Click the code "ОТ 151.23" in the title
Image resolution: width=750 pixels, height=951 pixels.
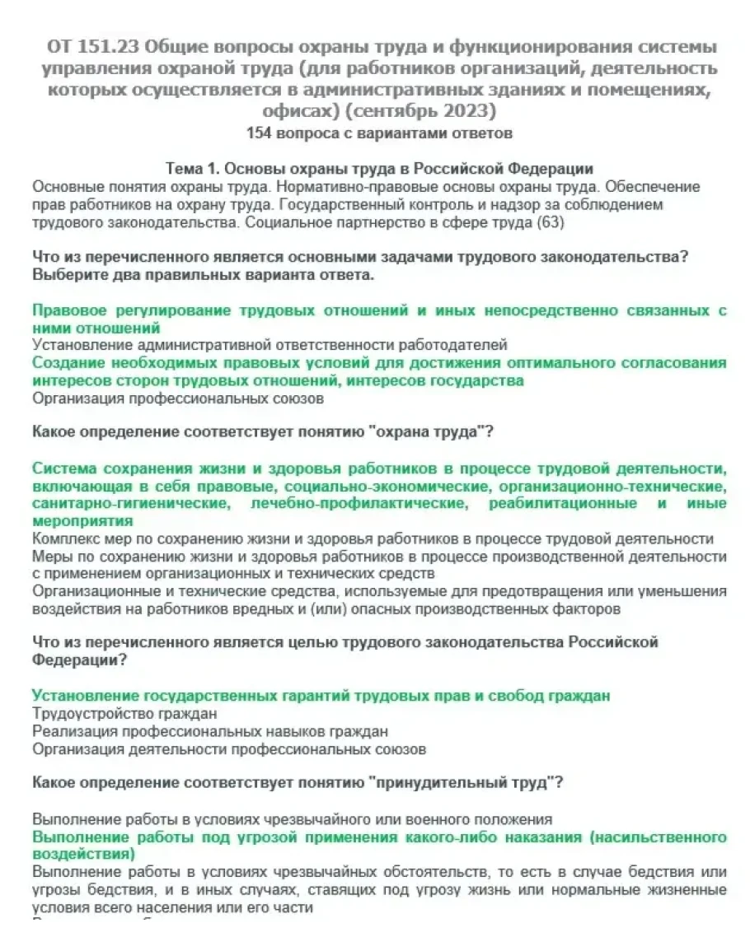pos(91,46)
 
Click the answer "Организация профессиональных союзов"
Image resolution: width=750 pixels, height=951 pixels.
pos(178,399)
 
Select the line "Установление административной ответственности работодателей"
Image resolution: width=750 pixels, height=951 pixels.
pos(270,345)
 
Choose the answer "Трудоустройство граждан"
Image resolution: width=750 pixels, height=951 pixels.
pos(125,713)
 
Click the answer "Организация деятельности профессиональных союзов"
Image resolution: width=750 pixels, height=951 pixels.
pos(229,749)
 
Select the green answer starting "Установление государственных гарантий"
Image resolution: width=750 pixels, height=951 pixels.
pos(321,696)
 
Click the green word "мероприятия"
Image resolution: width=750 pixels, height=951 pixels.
pos(82,521)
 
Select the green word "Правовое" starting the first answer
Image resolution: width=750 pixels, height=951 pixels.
pos(68,310)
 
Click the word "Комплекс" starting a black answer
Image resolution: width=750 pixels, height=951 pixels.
pos(66,539)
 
